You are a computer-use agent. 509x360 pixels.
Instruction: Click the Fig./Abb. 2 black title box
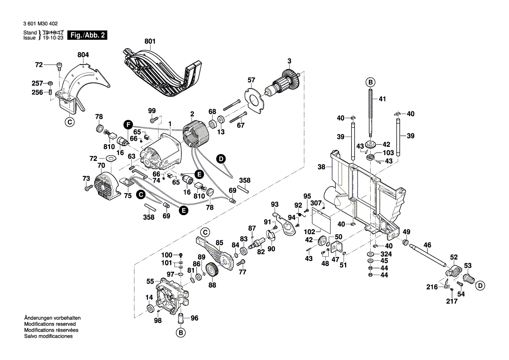87,35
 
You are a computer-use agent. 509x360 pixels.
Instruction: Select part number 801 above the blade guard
150,41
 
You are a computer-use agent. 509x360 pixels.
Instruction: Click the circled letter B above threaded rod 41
370,82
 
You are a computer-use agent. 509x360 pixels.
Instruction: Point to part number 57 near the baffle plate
251,80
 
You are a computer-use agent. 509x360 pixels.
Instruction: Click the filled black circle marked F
128,125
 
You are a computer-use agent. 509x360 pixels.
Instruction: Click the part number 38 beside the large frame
321,167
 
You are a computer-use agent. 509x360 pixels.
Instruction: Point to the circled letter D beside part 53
481,286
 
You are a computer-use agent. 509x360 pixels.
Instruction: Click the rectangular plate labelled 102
321,220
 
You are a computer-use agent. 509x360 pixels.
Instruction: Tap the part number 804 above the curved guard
83,55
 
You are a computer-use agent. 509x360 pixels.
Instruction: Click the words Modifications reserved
50,324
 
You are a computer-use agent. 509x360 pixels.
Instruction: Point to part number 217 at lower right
451,301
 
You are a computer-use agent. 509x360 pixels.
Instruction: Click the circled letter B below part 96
181,333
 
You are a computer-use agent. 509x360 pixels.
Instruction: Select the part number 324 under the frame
386,254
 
